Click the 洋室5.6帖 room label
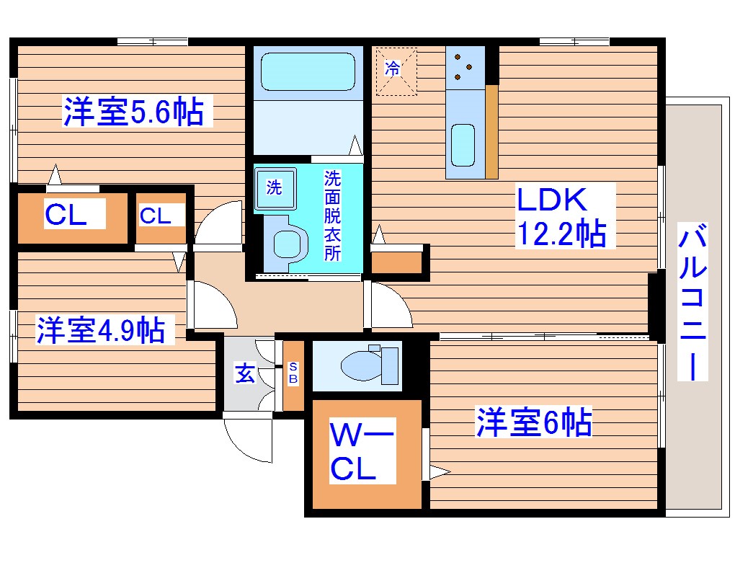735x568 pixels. (x=133, y=112)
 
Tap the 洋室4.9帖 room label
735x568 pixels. (x=100, y=330)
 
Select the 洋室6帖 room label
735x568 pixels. (x=533, y=422)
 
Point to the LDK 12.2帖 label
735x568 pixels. (x=560, y=216)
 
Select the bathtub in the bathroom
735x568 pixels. (x=306, y=73)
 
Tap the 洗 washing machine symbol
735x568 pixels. (x=275, y=187)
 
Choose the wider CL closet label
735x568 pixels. (x=66, y=215)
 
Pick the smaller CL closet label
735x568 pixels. (x=156, y=216)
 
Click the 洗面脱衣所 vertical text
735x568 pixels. (x=332, y=216)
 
